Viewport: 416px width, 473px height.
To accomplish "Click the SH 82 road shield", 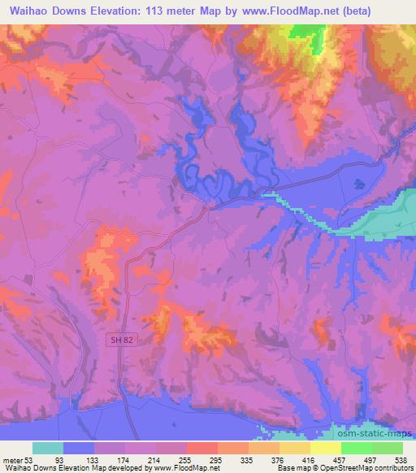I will pyautogui.click(x=120, y=342).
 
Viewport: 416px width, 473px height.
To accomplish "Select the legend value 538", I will pyautogui.click(x=401, y=458).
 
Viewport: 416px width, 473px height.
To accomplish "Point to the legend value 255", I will pyautogui.click(x=186, y=458).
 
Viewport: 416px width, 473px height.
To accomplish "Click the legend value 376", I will pyautogui.click(x=278, y=458).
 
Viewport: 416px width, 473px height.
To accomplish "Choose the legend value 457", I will pyautogui.click(x=340, y=458).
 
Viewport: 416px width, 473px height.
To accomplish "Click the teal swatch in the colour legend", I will pyautogui.click(x=48, y=448).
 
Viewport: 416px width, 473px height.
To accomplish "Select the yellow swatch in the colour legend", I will pyautogui.click(x=325, y=448).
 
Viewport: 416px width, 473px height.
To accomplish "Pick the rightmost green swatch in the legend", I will pyautogui.click(x=387, y=448).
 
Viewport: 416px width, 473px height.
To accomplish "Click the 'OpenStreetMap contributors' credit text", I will pyautogui.click(x=357, y=468).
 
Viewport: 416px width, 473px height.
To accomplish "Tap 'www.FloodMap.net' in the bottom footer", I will pyautogui.click(x=185, y=468).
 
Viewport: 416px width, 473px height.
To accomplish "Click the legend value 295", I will pyautogui.click(x=217, y=458).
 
